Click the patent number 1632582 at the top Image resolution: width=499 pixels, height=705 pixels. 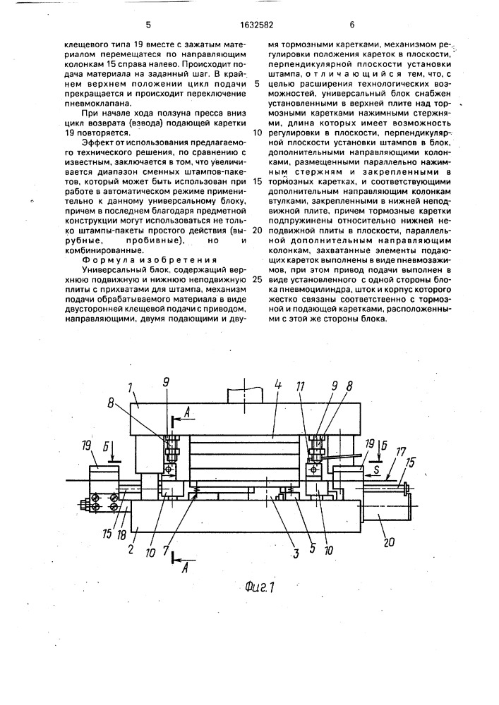pyautogui.click(x=250, y=24)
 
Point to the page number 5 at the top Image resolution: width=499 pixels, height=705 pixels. pyautogui.click(x=149, y=24)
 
